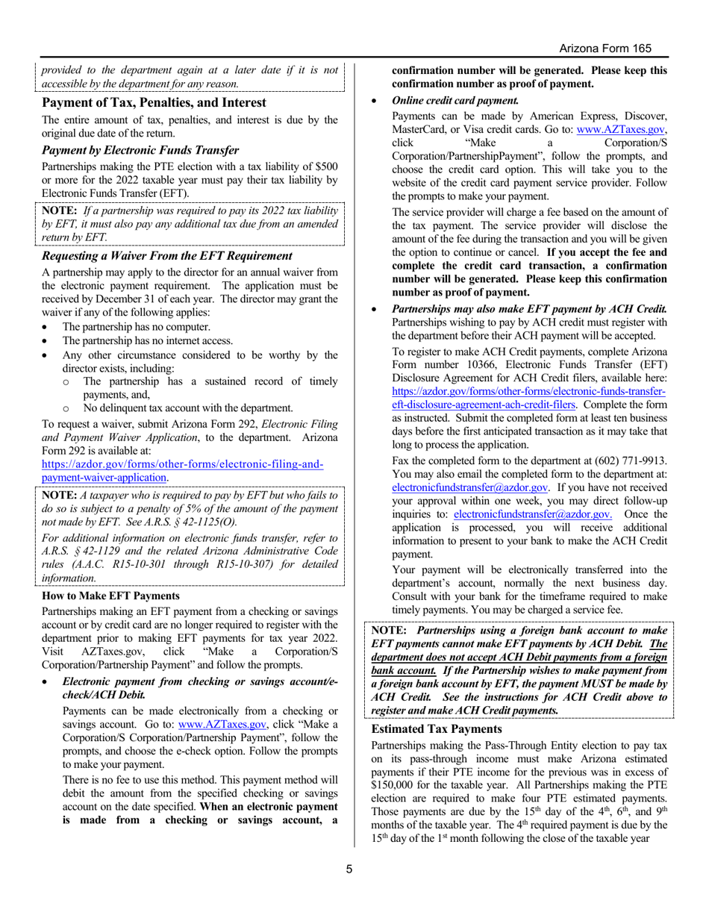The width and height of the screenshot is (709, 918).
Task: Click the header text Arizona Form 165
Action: click(605, 49)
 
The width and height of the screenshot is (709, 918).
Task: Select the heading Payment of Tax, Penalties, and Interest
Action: click(154, 102)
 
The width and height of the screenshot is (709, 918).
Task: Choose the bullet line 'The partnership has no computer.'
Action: click(137, 327)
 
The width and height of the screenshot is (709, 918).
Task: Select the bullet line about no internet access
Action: click(148, 341)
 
